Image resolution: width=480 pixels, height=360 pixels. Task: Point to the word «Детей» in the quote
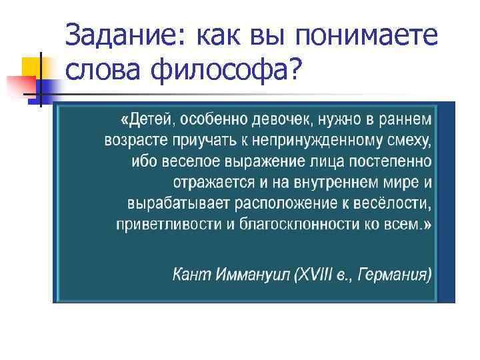tap(148, 121)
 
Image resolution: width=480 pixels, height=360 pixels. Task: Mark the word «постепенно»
tap(396, 162)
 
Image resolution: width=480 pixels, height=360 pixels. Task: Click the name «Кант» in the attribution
tap(191, 274)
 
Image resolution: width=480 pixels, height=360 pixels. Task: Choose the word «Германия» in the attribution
tap(393, 274)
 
